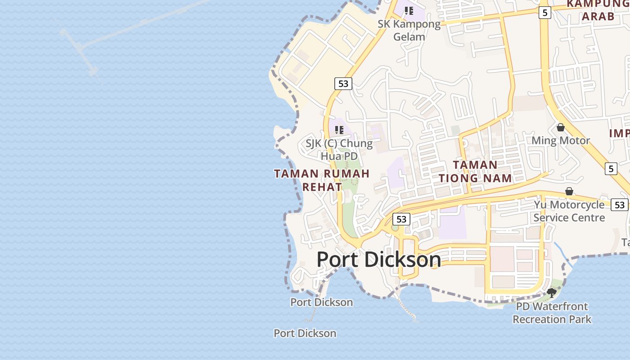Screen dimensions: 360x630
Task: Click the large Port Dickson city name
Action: [378, 260]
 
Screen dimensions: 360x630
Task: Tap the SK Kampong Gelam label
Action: [409, 30]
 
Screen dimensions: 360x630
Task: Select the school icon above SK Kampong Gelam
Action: [409, 10]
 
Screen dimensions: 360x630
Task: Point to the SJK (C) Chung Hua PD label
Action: [339, 150]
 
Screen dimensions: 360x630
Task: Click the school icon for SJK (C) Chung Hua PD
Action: [339, 130]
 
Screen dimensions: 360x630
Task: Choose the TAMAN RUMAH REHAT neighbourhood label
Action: [322, 180]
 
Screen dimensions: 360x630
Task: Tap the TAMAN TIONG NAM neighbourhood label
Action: [475, 171]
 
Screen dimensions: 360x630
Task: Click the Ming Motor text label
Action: [560, 141]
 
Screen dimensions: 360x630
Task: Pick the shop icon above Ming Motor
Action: [561, 127]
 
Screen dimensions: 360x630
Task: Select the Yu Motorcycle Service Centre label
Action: [569, 211]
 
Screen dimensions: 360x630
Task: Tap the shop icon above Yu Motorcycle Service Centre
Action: [569, 191]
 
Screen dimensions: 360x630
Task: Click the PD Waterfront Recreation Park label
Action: [552, 313]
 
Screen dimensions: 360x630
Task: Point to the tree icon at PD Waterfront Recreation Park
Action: [552, 293]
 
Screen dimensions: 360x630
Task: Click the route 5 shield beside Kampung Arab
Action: [545, 13]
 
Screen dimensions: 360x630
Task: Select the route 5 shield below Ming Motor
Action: [611, 169]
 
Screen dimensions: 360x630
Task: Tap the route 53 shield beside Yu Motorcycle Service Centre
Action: [620, 205]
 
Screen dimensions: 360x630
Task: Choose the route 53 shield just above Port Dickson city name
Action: [401, 219]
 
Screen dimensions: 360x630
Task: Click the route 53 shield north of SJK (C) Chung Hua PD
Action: [343, 83]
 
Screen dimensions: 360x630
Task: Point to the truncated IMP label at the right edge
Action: [619, 134]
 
